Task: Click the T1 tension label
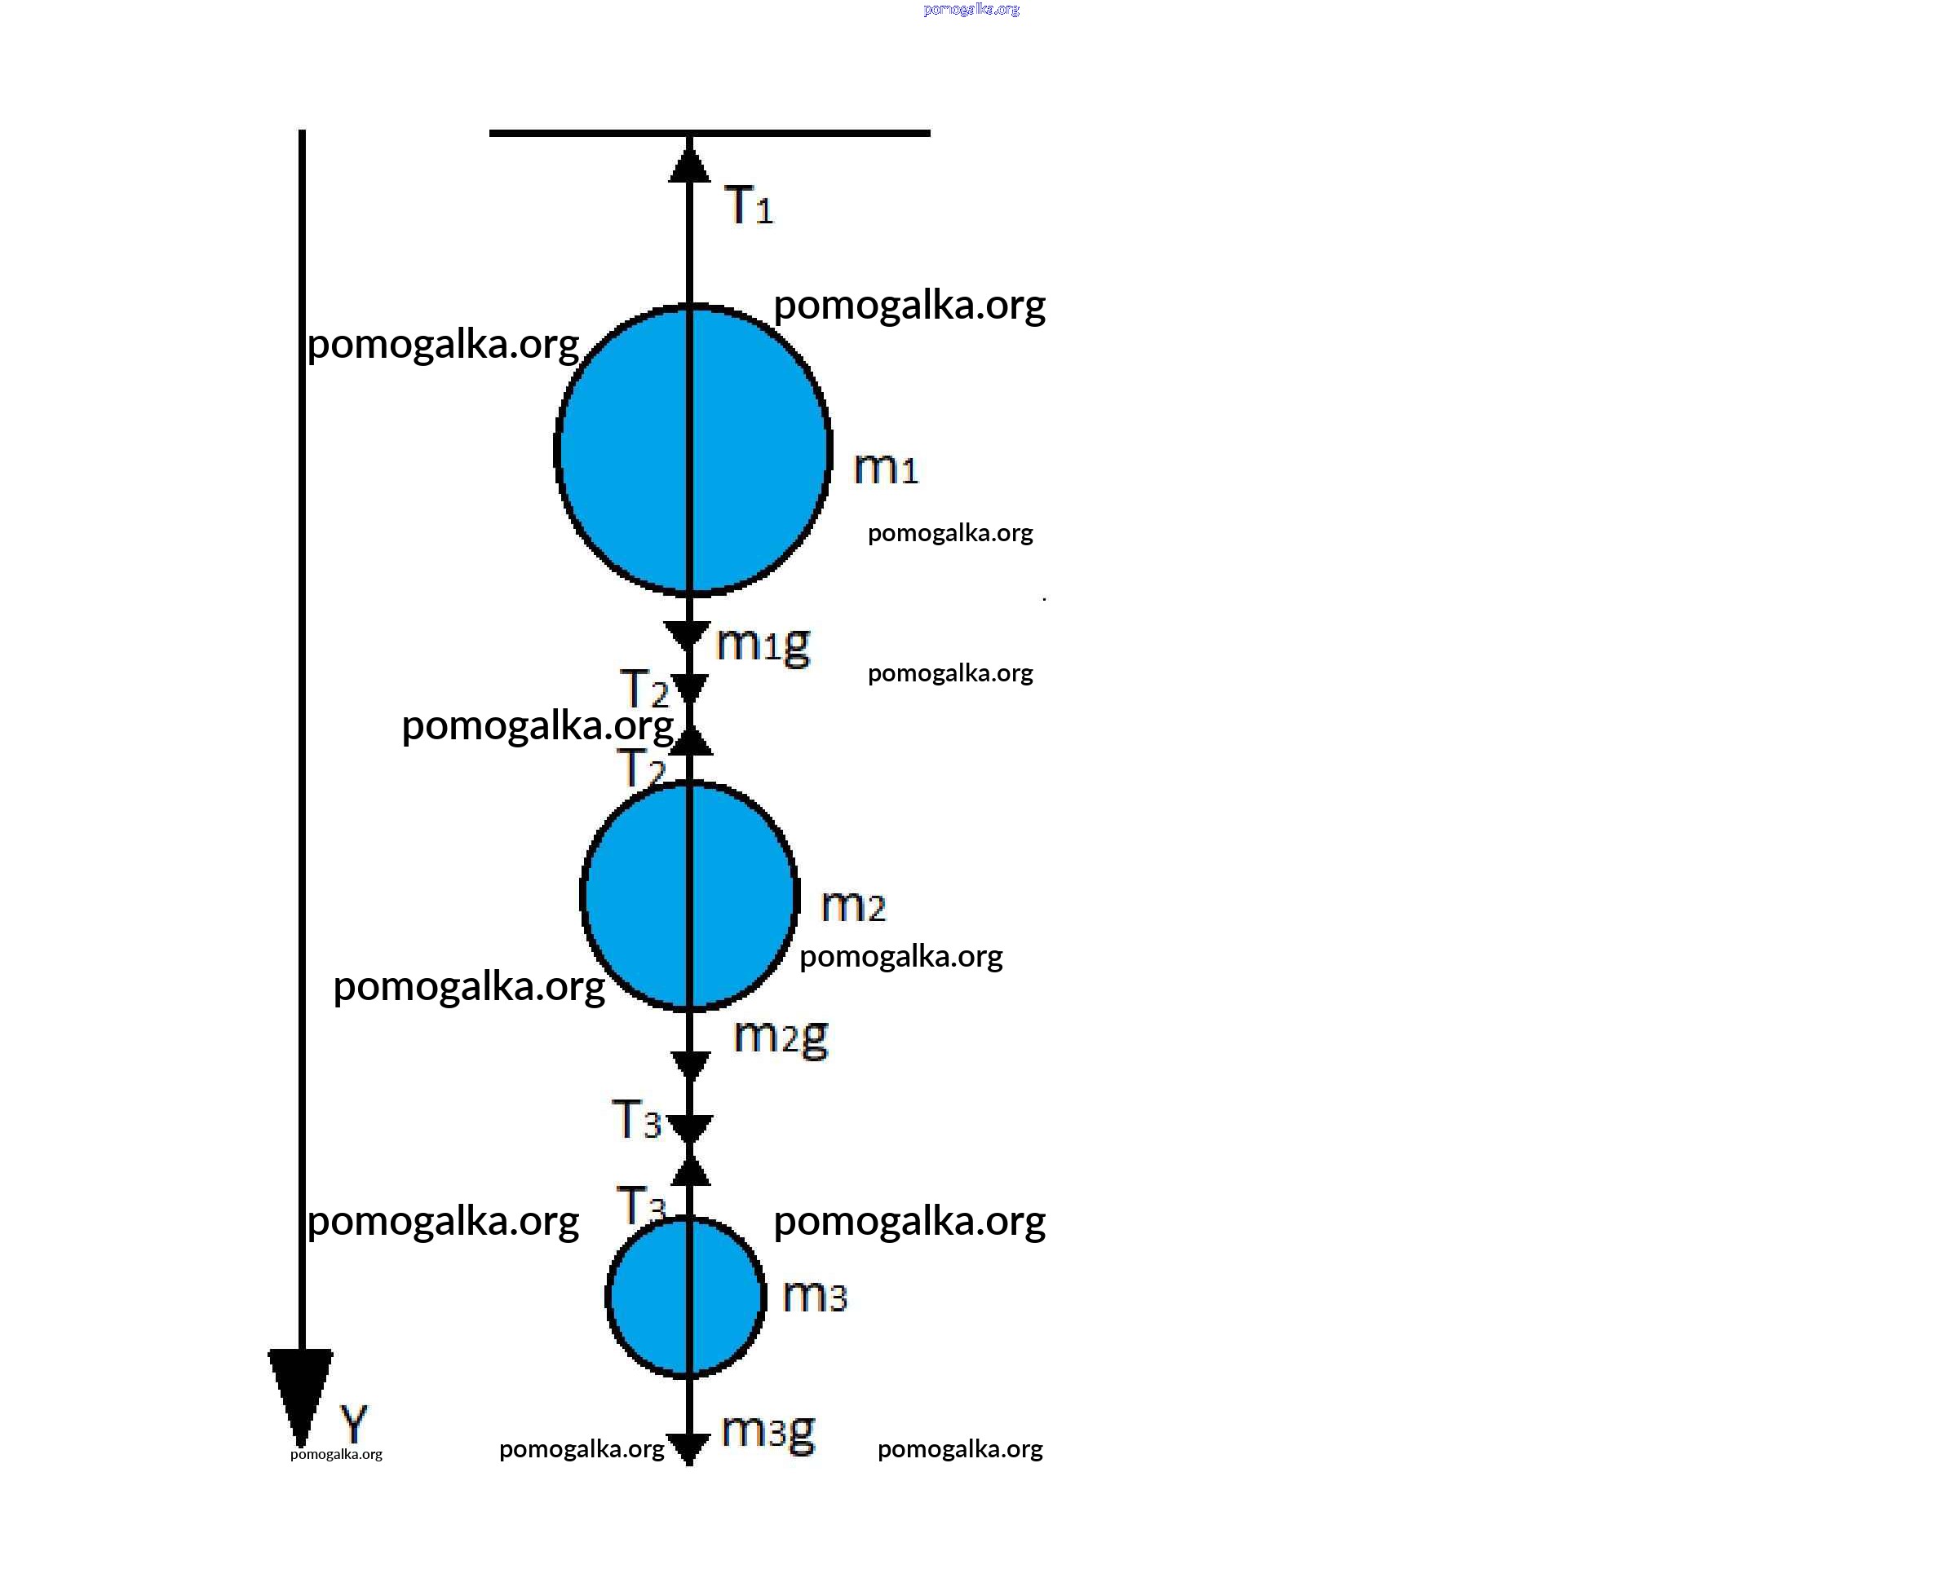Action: [x=749, y=205]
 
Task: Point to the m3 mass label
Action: [x=815, y=1296]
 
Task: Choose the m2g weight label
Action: [x=781, y=1038]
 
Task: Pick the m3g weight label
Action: [x=768, y=1431]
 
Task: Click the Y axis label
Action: [x=354, y=1424]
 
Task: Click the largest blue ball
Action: [x=692, y=449]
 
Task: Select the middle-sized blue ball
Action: [x=689, y=896]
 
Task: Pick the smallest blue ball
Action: [x=686, y=1297]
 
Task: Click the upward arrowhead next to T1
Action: [x=689, y=162]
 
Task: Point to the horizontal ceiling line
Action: [x=710, y=133]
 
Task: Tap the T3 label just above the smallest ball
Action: [x=642, y=1204]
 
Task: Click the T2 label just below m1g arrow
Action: [x=645, y=688]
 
